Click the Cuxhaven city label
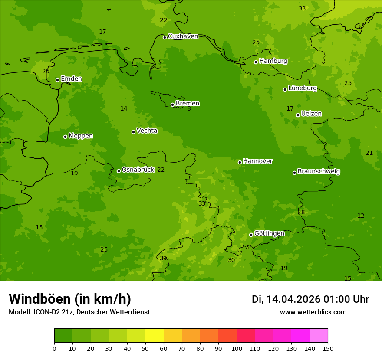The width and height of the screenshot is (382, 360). [x=183, y=36]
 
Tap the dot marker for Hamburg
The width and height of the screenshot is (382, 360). [x=256, y=62]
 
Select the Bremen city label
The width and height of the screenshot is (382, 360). [x=188, y=104]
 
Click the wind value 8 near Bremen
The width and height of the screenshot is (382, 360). [x=189, y=109]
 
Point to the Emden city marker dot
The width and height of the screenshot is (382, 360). [x=57, y=80]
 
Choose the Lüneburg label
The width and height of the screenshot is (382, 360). [x=302, y=88]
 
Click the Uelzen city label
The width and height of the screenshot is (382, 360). [x=311, y=114]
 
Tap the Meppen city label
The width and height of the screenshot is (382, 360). [x=81, y=136]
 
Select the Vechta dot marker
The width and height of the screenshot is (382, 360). [x=133, y=132]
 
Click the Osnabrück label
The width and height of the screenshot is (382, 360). [x=138, y=170]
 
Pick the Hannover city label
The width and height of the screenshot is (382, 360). [x=258, y=161]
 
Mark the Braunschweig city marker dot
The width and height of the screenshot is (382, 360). [x=294, y=173]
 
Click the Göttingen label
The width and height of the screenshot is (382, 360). [x=269, y=234]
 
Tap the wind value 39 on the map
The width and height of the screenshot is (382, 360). [x=163, y=259]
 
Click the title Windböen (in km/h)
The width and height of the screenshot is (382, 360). [x=70, y=299]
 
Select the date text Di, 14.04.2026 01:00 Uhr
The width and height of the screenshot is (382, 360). [x=310, y=299]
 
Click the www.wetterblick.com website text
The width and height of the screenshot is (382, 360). [x=313, y=312]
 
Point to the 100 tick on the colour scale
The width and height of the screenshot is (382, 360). [x=237, y=348]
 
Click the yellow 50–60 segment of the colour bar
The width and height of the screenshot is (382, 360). [x=155, y=336]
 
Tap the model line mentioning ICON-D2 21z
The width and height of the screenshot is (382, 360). [x=79, y=312]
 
